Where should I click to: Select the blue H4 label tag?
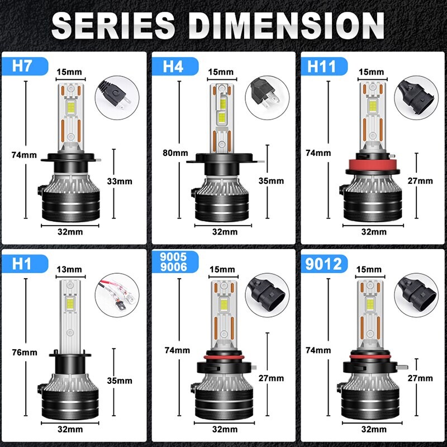pos(173,66)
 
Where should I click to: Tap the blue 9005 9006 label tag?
pos(171,263)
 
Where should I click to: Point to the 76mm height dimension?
pos(24,352)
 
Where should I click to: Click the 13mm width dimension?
pos(69,269)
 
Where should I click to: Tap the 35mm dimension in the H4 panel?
pos(272,181)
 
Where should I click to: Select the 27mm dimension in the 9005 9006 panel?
pos(272,378)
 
